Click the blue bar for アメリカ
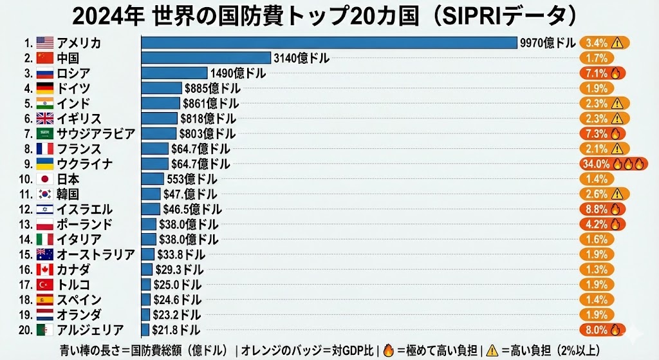329,43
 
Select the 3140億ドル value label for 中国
301,59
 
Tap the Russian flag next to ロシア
44,73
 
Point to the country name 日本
68,179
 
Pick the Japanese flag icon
44,179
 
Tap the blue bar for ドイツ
162,88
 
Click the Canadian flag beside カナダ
44,270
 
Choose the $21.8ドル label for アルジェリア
176,330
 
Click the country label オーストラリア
96,254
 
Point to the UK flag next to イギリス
44,118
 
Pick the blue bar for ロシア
174,73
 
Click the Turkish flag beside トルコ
44,285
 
